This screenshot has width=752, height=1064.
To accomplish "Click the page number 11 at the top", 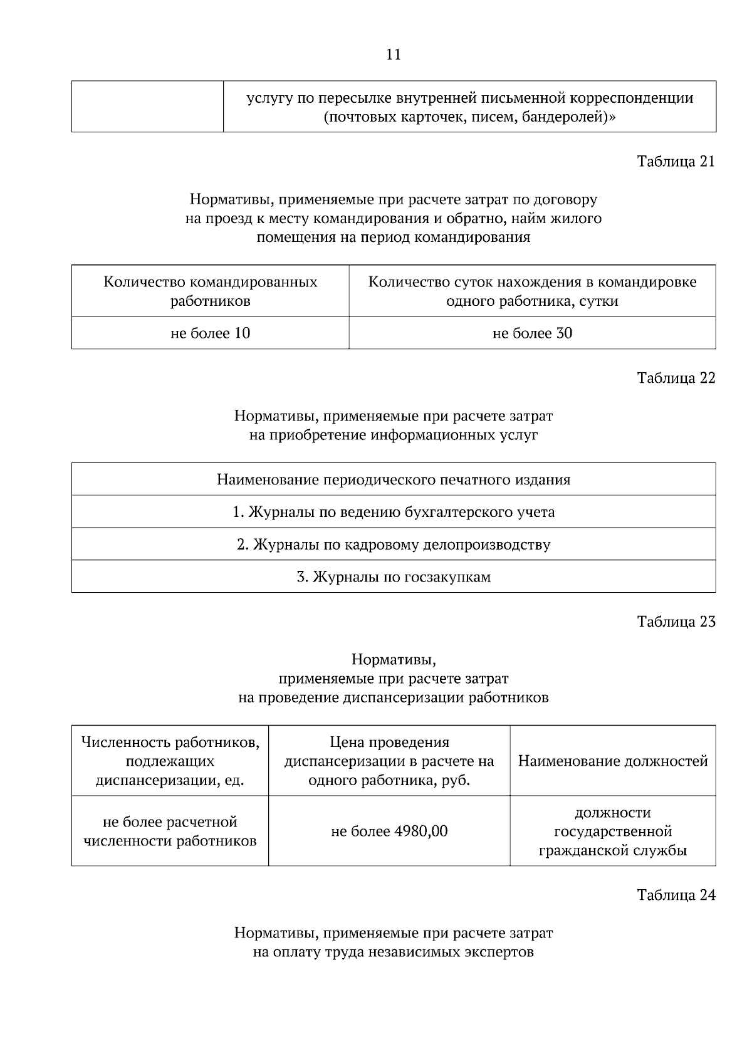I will [x=394, y=55].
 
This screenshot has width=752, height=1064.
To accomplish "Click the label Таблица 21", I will [x=676, y=162].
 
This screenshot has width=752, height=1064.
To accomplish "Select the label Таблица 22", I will [x=676, y=378].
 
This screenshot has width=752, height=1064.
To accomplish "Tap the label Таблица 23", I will [x=676, y=622].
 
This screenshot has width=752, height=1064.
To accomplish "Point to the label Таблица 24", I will [x=676, y=895].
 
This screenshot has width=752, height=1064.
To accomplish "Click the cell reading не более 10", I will [x=210, y=333].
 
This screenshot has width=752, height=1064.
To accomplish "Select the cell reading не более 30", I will [x=532, y=333].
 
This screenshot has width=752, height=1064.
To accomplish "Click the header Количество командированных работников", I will [x=210, y=291].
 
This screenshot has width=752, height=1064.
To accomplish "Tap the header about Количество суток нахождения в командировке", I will [x=532, y=291].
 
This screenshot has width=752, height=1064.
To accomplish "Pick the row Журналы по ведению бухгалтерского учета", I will [x=394, y=513].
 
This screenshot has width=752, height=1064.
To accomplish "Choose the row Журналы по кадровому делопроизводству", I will [x=394, y=545].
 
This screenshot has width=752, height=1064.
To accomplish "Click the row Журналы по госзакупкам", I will [x=394, y=577].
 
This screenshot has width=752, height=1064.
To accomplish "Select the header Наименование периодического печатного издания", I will [x=394, y=480].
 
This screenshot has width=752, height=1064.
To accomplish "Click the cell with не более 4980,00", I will [x=389, y=832].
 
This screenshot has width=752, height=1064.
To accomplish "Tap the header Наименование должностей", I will [x=613, y=761].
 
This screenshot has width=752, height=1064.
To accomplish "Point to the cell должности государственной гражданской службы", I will [x=613, y=832].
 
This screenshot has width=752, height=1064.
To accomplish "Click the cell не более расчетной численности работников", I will [x=170, y=832].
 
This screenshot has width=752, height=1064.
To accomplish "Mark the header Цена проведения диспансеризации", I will [x=389, y=761].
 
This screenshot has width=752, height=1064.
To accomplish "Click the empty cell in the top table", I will [x=147, y=107].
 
